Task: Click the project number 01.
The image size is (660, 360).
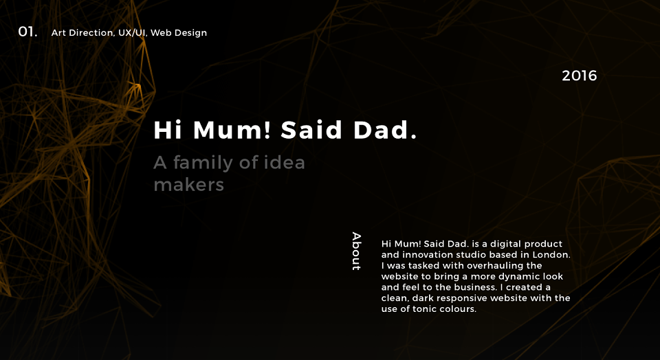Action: coord(27,32)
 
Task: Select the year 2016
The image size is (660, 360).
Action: coord(579,76)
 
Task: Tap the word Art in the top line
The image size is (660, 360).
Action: coord(58,33)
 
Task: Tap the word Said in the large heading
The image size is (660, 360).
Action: coord(311,130)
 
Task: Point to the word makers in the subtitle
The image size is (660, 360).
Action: coord(188,185)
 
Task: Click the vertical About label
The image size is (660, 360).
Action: coord(357,251)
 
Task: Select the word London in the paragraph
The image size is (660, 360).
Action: coord(551,255)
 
